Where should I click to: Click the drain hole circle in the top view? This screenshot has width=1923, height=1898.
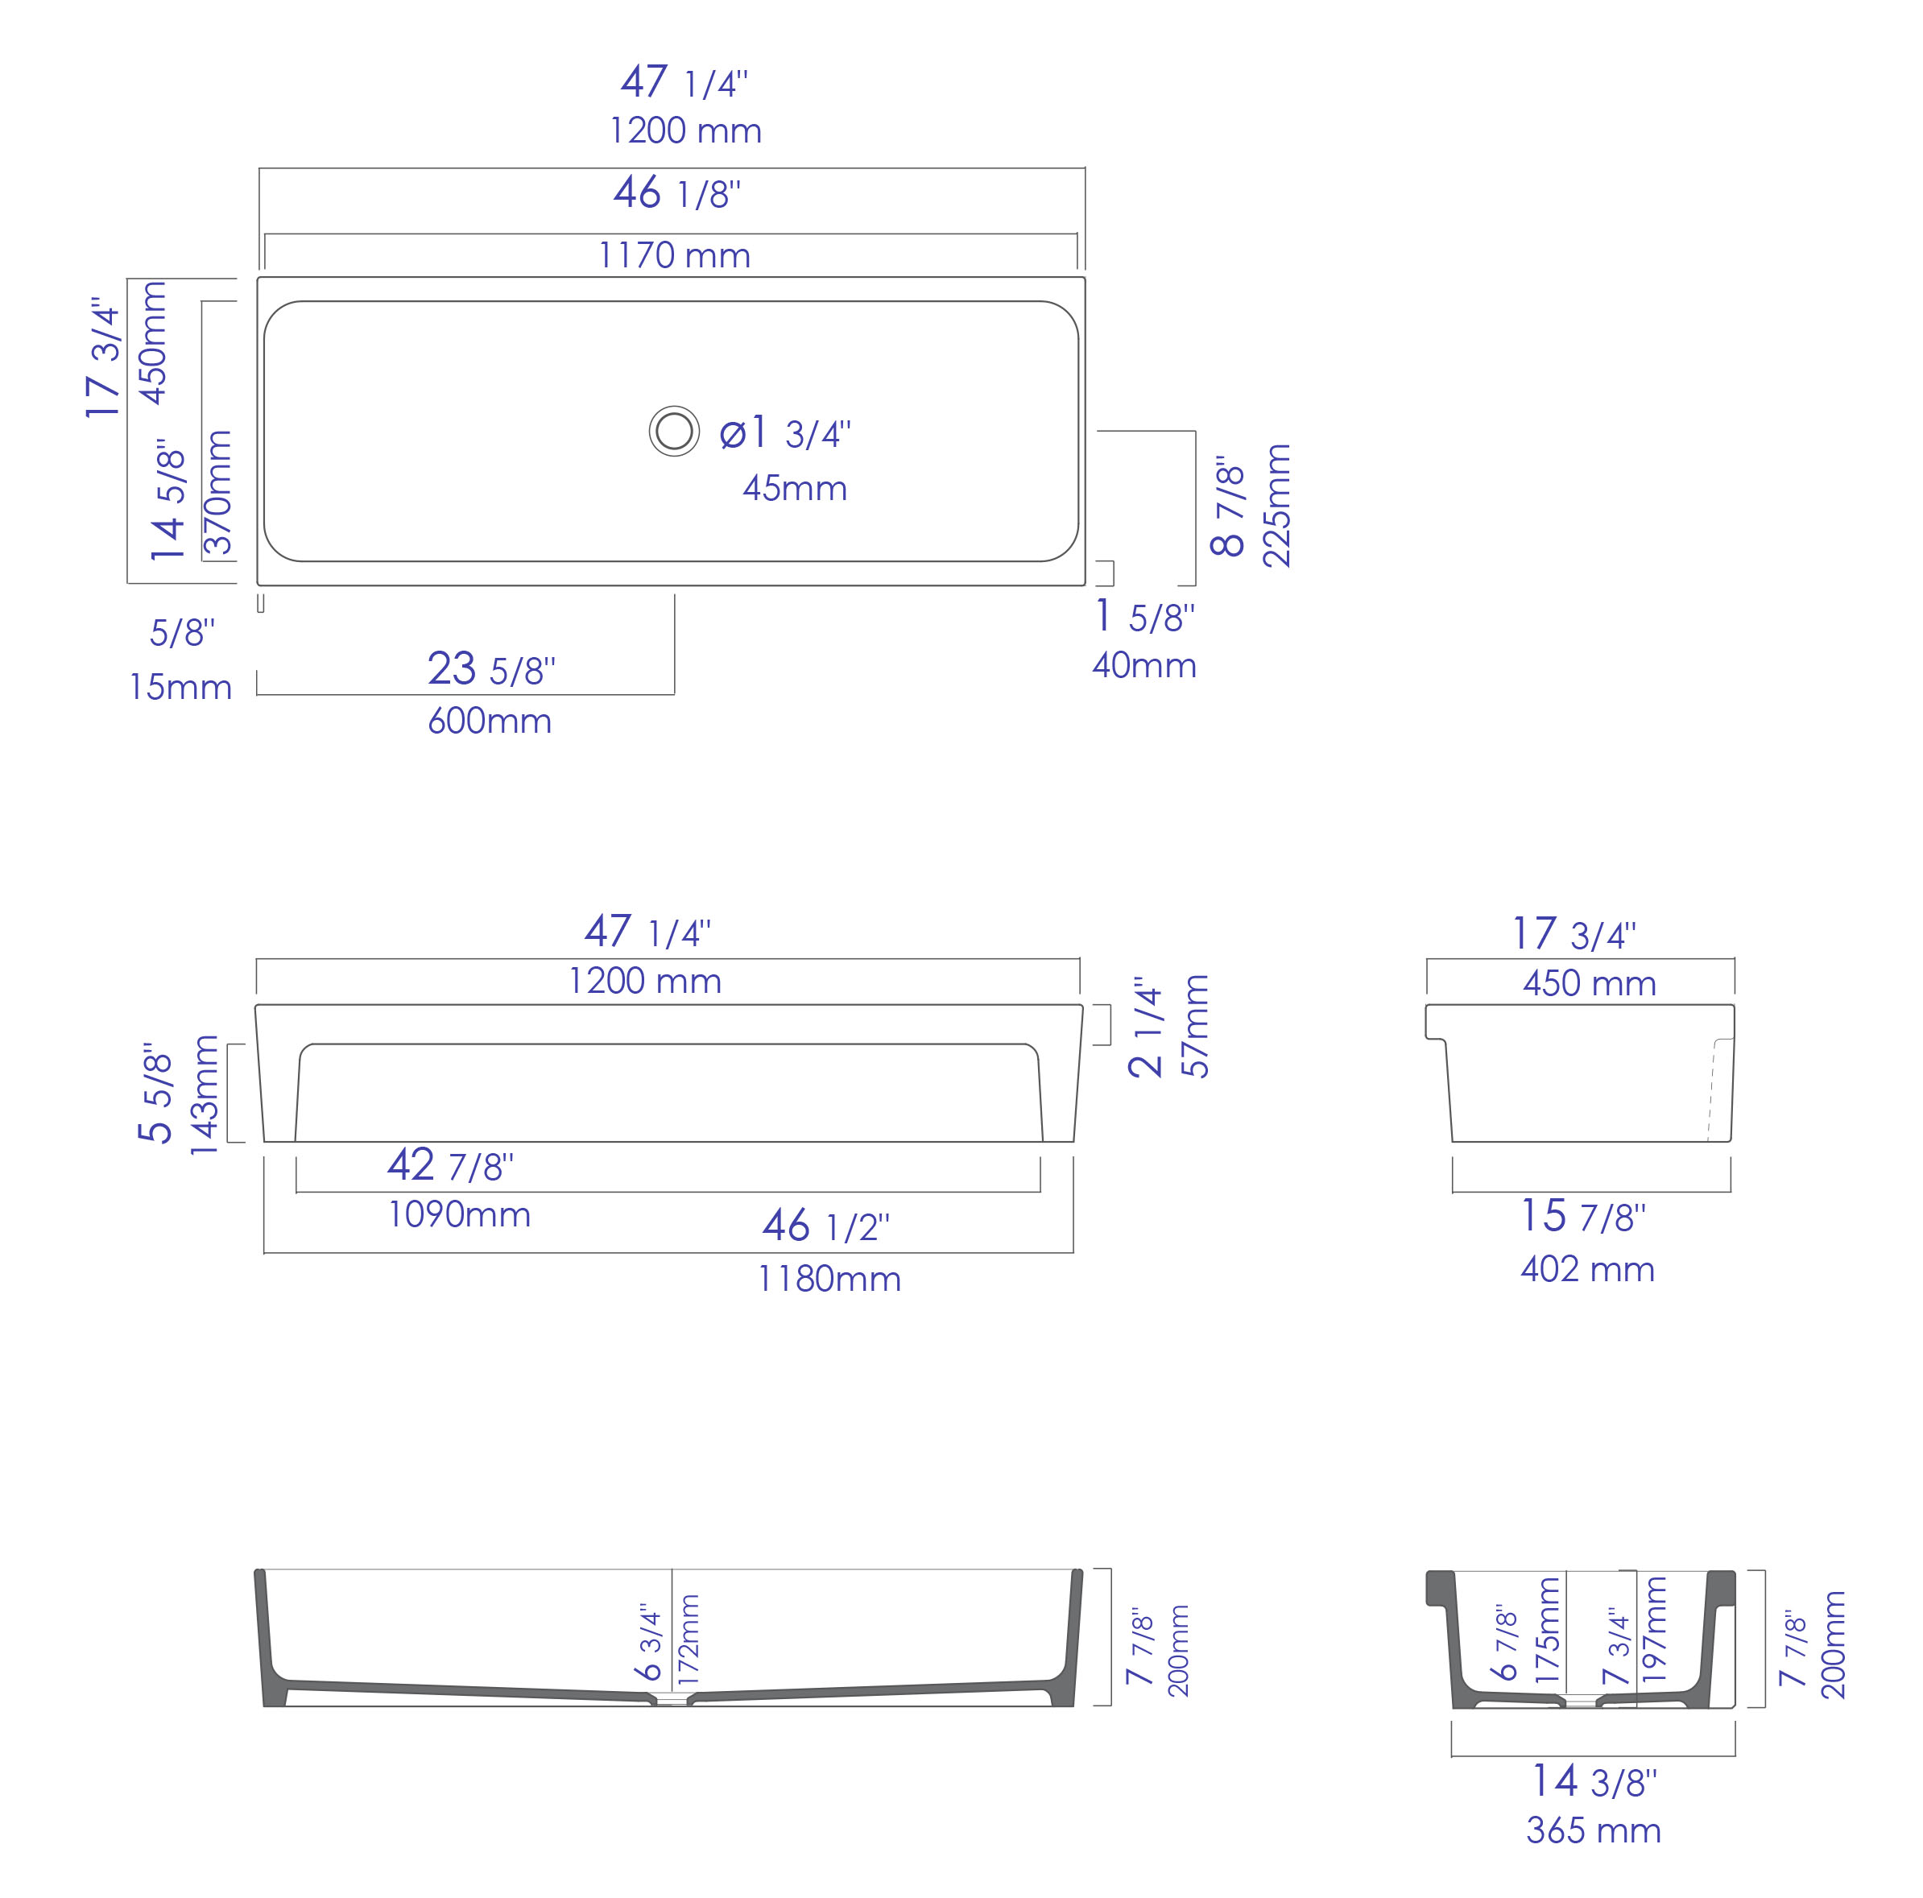click(x=674, y=431)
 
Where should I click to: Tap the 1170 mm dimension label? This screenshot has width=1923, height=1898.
click(x=674, y=256)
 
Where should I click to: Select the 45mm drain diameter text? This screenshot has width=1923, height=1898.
click(x=794, y=489)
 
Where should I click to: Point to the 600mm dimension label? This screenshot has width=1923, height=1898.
click(x=490, y=721)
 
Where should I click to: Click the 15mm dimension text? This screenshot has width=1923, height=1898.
click(x=180, y=688)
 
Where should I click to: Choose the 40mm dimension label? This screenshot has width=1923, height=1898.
click(x=1143, y=666)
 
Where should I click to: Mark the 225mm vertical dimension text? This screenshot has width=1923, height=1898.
click(x=1276, y=506)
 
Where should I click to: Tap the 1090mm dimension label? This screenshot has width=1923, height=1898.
click(x=459, y=1214)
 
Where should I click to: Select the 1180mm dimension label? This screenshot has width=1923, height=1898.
click(x=829, y=1279)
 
